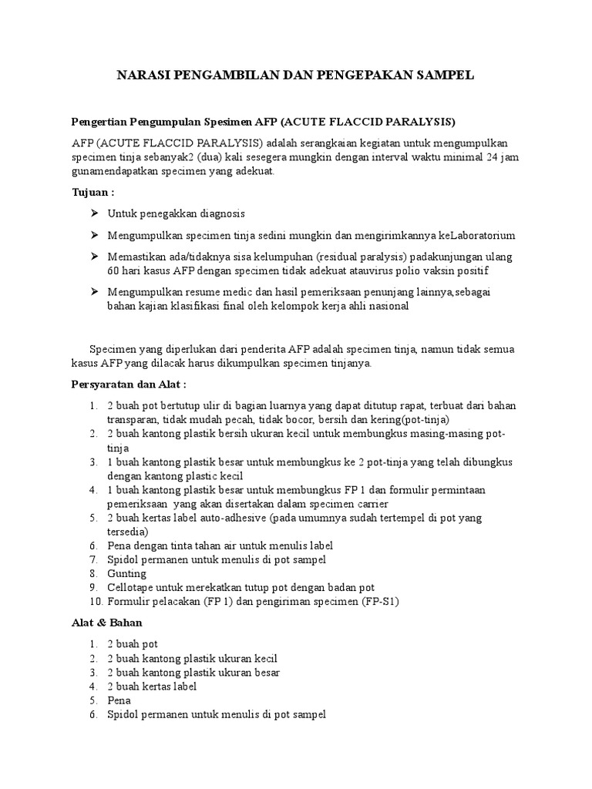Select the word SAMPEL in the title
click(x=446, y=75)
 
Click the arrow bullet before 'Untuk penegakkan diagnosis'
click(x=94, y=213)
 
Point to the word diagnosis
click(x=222, y=213)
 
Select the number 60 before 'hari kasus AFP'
click(x=114, y=271)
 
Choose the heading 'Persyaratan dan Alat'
click(x=128, y=383)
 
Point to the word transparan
click(x=132, y=419)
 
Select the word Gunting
click(x=126, y=573)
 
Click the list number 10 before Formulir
click(x=94, y=601)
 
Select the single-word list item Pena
click(x=119, y=700)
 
